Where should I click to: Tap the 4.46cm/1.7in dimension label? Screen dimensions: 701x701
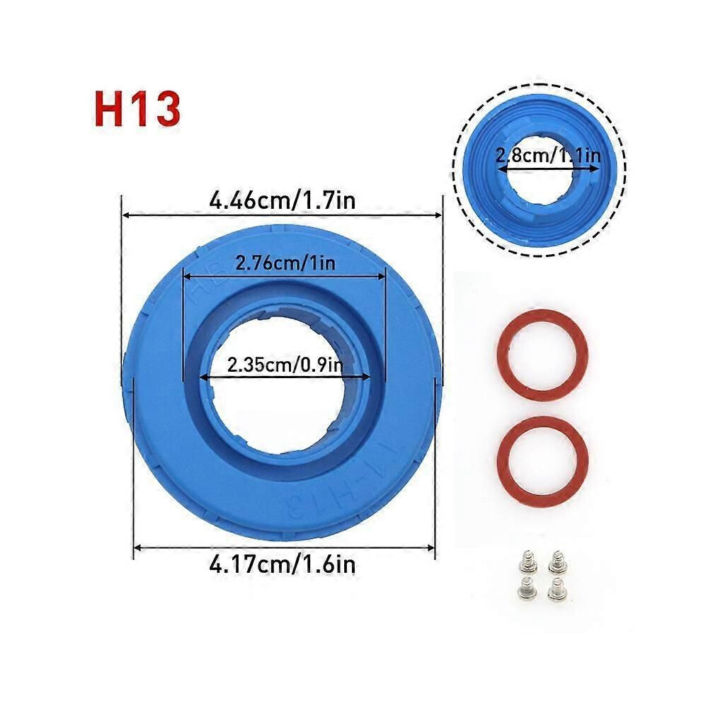click(282, 200)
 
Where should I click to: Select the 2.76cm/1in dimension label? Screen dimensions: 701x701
click(285, 263)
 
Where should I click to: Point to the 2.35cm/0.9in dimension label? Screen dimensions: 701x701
click(285, 365)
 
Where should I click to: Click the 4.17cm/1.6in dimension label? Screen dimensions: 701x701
click(282, 564)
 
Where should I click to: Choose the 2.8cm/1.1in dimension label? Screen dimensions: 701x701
click(548, 156)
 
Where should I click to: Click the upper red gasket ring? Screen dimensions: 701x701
click(542, 354)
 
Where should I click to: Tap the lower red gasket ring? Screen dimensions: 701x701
click(542, 461)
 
